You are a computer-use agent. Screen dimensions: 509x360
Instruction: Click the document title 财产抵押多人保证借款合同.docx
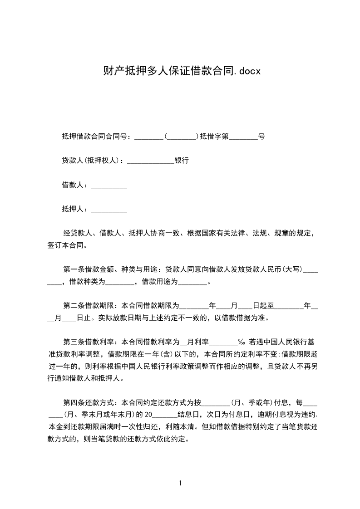[x=180, y=71]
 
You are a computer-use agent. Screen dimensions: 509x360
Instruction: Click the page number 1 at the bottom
[x=180, y=483]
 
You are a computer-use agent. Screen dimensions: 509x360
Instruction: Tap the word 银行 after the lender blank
[x=182, y=161]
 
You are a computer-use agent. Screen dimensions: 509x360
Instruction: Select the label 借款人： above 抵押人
[x=76, y=185]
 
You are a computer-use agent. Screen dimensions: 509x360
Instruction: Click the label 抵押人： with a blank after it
[x=76, y=209]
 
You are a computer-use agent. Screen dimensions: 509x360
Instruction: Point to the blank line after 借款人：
[x=109, y=186]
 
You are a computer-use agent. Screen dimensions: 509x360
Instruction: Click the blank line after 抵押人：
[x=109, y=210]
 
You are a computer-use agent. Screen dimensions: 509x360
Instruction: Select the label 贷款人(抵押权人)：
[x=94, y=161]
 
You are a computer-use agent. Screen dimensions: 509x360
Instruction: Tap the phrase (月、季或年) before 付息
[x=251, y=402]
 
